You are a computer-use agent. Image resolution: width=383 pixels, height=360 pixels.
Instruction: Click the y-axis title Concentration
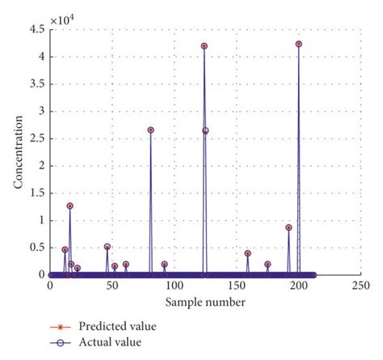[x=18, y=152]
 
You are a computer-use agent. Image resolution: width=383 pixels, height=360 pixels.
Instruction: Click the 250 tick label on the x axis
[x=360, y=286]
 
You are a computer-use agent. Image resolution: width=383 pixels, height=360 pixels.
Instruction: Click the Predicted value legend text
[x=117, y=326]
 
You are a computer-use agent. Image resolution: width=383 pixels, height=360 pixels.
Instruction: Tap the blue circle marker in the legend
[x=58, y=342]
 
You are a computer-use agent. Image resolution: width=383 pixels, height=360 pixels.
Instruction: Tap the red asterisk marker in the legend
[x=58, y=326]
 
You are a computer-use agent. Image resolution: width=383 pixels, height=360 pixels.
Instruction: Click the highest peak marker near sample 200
[x=299, y=44]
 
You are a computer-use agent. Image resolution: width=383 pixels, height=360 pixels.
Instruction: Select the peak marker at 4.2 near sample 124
[x=204, y=46]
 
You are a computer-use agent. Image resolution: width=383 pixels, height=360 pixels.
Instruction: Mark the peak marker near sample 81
[x=150, y=129]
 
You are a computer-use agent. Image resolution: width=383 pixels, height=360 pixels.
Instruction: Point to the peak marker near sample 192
[x=288, y=227]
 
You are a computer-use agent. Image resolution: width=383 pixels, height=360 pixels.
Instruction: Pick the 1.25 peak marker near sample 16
[x=69, y=205]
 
